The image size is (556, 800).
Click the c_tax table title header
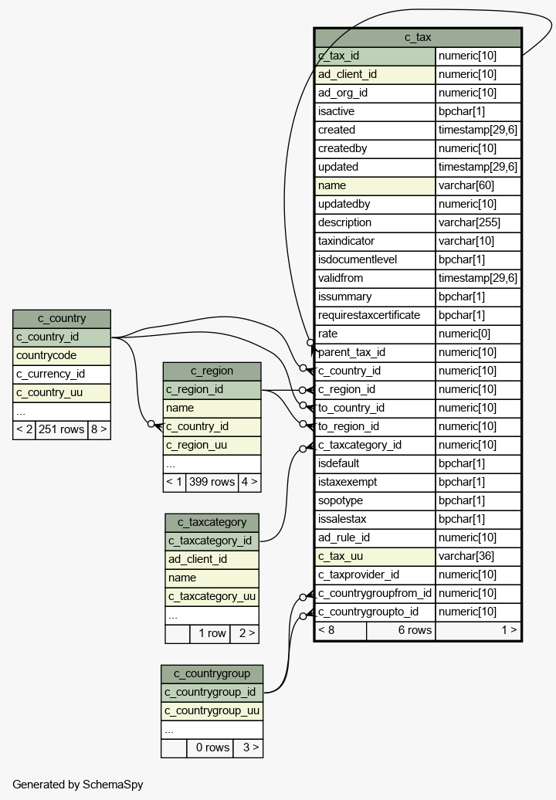tap(418, 37)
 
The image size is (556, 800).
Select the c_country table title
tap(62, 318)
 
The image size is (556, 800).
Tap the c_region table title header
tap(212, 371)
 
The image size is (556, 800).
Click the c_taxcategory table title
tap(212, 522)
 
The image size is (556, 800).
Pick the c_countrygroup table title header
tap(212, 673)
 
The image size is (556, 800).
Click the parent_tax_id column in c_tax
tap(351, 353)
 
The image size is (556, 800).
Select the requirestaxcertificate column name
tap(369, 315)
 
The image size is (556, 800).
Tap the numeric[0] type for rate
tap(464, 334)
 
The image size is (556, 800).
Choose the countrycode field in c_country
tap(46, 356)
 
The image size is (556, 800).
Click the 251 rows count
tap(61, 429)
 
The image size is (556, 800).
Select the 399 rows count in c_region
tap(212, 482)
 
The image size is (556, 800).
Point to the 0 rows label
tap(212, 748)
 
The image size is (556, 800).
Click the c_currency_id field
tap(50, 374)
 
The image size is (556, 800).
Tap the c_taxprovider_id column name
tap(358, 575)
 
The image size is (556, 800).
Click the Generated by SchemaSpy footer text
tap(77, 785)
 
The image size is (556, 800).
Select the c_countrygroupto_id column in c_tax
tap(368, 612)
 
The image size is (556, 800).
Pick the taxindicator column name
tap(347, 241)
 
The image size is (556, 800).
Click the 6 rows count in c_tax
tap(415, 631)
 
